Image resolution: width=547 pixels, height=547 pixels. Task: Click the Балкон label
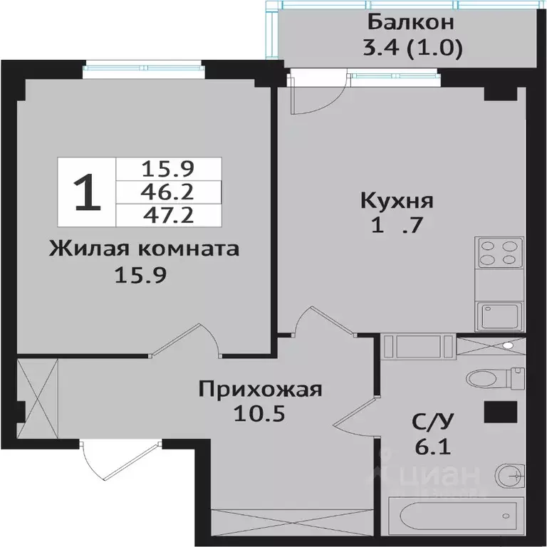pyautogui.click(x=411, y=21)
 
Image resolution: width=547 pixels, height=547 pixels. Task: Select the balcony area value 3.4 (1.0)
pyautogui.click(x=411, y=48)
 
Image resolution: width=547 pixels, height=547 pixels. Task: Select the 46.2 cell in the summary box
pyautogui.click(x=168, y=192)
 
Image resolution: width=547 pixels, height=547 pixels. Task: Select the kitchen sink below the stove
pyautogui.click(x=500, y=314)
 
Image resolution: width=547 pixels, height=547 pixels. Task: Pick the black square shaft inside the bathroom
pyautogui.click(x=500, y=411)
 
